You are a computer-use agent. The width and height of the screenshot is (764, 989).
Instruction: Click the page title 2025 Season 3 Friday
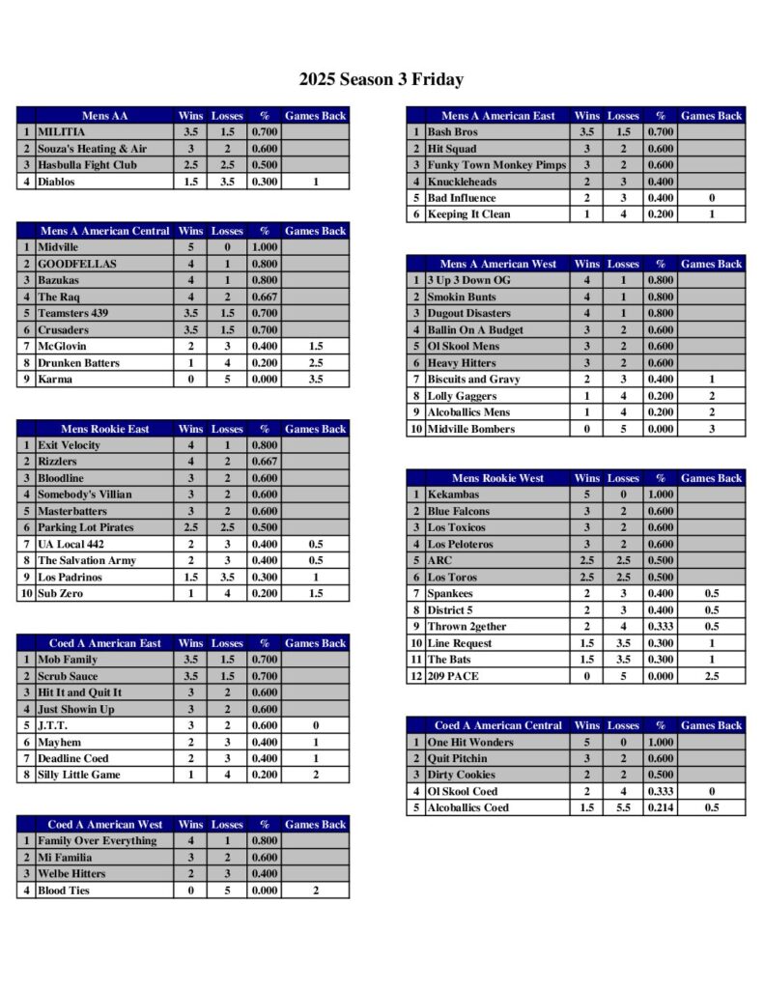[381, 80]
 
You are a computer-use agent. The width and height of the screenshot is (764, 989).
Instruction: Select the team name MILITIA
[62, 132]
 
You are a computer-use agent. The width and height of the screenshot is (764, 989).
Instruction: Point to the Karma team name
[54, 380]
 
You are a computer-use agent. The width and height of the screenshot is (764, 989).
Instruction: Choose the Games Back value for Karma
[315, 380]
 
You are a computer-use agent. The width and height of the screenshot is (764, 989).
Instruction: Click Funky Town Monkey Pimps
[496, 165]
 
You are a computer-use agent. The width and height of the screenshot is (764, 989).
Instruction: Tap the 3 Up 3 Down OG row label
[468, 281]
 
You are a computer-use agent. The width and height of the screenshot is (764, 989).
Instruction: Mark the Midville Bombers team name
[471, 429]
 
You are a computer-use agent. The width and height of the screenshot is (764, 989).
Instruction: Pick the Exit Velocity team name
[69, 445]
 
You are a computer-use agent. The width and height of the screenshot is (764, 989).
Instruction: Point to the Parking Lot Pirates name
[86, 527]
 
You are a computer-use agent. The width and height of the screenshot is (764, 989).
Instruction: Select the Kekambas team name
[453, 494]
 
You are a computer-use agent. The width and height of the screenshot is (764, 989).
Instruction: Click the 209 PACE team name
[453, 676]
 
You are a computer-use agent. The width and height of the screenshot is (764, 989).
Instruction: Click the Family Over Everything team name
[97, 841]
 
